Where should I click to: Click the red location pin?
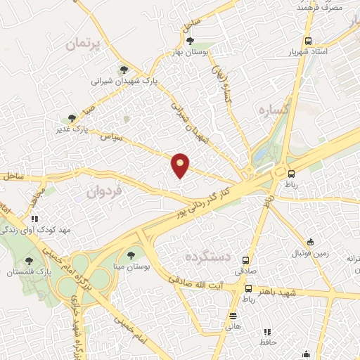(181, 165)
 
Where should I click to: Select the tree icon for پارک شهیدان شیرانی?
(124, 70)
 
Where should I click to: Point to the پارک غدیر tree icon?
(70, 118)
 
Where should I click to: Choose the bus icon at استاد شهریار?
(308, 41)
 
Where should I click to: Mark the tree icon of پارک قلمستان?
(28, 261)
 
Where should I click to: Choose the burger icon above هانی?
(233, 315)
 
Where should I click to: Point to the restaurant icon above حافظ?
(266, 332)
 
